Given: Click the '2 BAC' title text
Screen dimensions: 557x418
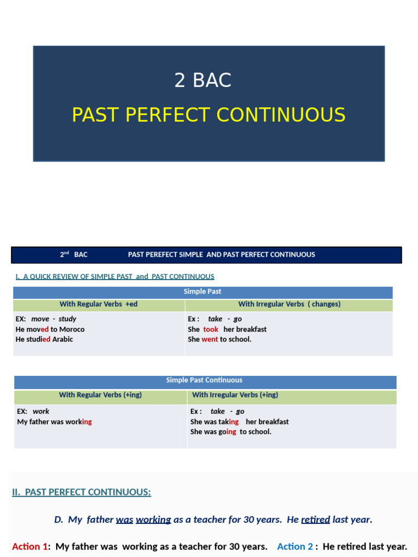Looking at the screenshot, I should point(202,81).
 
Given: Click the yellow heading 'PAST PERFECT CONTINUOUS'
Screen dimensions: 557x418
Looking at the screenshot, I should point(208,115).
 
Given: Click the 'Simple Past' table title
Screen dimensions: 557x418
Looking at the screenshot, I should point(202,292).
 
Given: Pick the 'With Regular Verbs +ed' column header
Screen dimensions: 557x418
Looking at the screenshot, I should point(99,304).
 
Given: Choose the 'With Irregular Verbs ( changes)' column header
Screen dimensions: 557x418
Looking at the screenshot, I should point(289,304).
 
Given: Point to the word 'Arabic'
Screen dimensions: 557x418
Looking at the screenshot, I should point(63,339).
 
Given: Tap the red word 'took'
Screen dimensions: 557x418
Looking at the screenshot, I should point(211,329).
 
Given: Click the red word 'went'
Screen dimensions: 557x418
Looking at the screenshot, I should point(210,339).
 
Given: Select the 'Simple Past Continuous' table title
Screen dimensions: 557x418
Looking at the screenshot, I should point(204,380).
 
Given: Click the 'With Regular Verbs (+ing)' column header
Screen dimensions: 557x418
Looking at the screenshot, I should point(100,395).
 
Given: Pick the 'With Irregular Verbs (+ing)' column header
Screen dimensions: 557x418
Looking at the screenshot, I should point(235,395).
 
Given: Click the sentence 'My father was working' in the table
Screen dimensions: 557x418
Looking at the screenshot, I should point(54,422).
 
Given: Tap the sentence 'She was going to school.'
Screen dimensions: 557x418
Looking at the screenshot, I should point(231,432).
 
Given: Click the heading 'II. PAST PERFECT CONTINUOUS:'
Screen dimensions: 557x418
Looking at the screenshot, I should point(82,492).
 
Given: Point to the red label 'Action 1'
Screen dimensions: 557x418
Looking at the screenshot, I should point(30,546).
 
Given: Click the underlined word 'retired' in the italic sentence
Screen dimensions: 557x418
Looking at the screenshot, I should point(315,519).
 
